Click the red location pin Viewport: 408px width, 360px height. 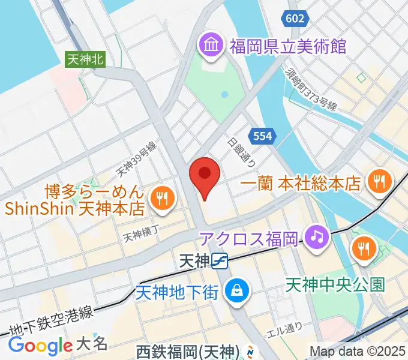pyautogui.click(x=204, y=175)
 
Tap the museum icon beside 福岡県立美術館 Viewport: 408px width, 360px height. pyautogui.click(x=211, y=44)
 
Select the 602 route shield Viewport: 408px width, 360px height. pyautogui.click(x=295, y=19)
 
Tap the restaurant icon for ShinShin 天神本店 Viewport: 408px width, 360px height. pyautogui.click(x=161, y=199)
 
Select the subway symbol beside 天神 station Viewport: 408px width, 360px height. pyautogui.click(x=220, y=261)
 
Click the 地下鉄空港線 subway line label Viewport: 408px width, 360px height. pyautogui.click(x=50, y=320)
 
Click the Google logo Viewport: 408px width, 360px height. pyautogui.click(x=40, y=345)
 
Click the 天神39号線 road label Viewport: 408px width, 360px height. pyautogui.click(x=137, y=160)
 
